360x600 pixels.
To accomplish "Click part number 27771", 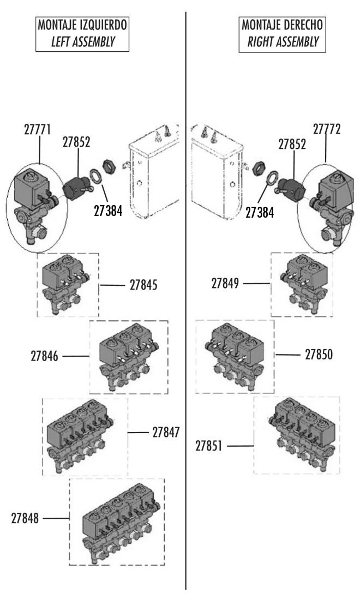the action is point(38,129).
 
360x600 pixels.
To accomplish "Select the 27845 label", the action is point(143,285).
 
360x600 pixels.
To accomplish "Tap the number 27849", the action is point(225,284).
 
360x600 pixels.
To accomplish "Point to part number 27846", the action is point(45,356).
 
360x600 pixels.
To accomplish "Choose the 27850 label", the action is point(319,355).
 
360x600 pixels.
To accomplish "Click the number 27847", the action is point(166,433).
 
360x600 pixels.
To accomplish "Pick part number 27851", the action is point(209,446).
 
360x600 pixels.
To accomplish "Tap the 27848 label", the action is point(25,519).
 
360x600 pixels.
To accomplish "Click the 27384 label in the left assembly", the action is point(108,211).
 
